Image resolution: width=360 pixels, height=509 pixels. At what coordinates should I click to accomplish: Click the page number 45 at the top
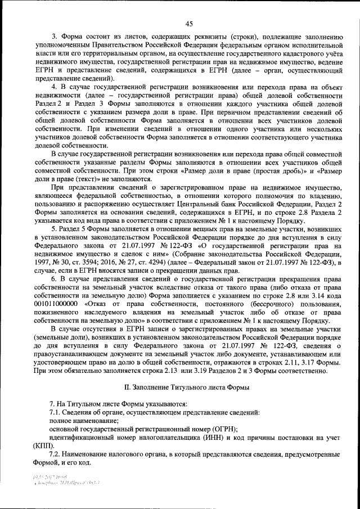coord(188,23)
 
